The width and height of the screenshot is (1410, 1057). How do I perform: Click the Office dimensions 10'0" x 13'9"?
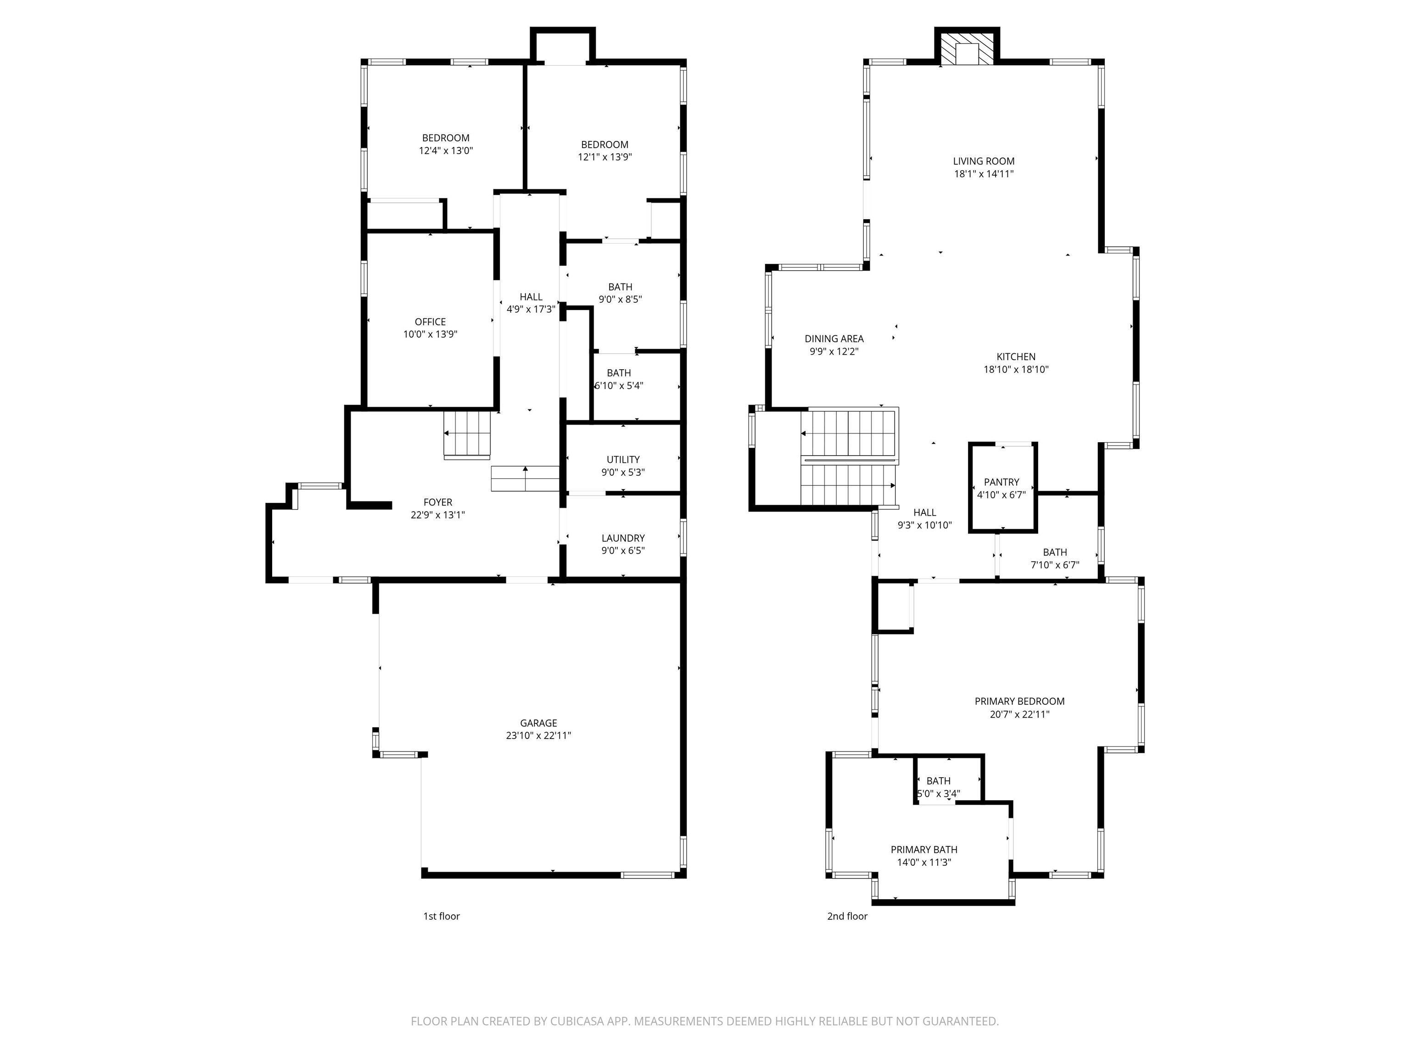430,334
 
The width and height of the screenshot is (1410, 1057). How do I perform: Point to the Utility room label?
623,459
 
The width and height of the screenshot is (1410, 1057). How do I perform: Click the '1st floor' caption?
441,916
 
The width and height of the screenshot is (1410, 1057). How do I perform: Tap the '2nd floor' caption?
847,916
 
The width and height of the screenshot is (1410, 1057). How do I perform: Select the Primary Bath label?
923,849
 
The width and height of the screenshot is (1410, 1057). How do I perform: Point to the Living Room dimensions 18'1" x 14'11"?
984,174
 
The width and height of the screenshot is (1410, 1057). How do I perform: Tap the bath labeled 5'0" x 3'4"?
938,787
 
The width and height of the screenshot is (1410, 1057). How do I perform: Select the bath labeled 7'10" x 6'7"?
1054,558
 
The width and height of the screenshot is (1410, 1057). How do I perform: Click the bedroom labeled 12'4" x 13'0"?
446,144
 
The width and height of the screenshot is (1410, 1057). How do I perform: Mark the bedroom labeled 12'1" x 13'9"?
604,151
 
